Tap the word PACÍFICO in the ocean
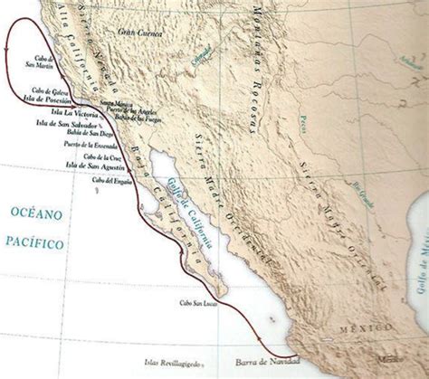[x=34, y=242]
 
